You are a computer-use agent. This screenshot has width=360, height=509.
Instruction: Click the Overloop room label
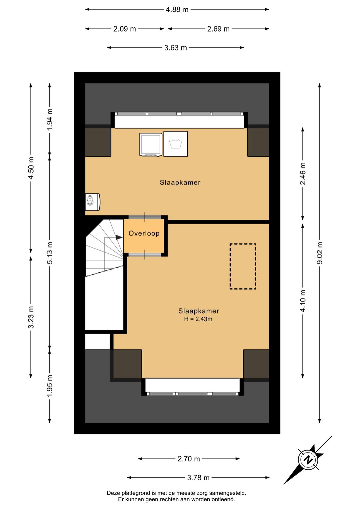click(x=144, y=233)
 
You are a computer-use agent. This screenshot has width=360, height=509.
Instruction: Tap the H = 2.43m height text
click(x=198, y=319)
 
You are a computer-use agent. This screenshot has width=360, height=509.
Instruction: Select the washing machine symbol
click(x=176, y=144)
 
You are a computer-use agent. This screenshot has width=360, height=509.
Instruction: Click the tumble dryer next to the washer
click(x=151, y=145)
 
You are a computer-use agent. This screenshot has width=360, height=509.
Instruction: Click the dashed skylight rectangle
click(x=243, y=266)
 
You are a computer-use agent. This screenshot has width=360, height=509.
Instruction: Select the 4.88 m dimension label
click(x=177, y=10)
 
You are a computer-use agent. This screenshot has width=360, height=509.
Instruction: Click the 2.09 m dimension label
click(x=124, y=29)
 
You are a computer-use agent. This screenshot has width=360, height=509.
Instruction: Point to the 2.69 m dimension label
click(x=218, y=29)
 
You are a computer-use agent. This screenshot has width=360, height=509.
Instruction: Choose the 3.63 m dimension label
click(x=176, y=48)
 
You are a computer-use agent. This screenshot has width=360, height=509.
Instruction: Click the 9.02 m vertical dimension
click(x=320, y=253)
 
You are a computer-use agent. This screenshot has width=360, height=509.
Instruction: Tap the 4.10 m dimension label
click(x=303, y=301)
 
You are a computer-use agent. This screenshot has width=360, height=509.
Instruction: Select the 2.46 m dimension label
click(x=303, y=173)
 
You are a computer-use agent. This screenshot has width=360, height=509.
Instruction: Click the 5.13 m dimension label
click(x=50, y=253)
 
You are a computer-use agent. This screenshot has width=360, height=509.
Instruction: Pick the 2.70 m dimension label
click(x=189, y=459)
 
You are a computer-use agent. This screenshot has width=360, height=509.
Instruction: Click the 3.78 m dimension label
click(x=198, y=478)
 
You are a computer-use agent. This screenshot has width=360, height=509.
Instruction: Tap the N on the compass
click(x=308, y=460)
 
